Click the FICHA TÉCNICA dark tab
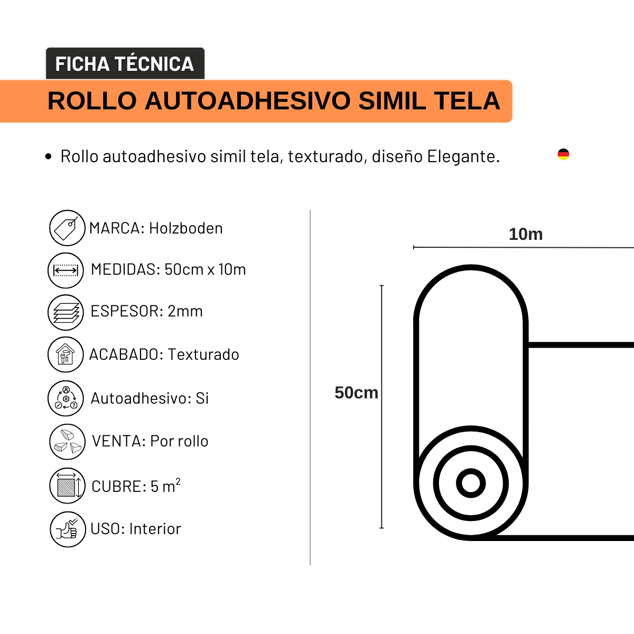[x=125, y=64]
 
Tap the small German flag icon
[x=563, y=154]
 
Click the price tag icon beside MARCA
[x=67, y=228]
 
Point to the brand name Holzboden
[x=186, y=228]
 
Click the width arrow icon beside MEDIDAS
[x=66, y=270]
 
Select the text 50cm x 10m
[x=205, y=269]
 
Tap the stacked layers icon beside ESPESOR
[x=66, y=312]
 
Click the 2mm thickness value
[x=185, y=311]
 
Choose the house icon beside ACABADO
[x=66, y=355]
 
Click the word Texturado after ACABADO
[x=203, y=355]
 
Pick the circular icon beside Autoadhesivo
[x=66, y=398]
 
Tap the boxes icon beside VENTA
[x=67, y=442]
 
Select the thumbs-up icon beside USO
[x=68, y=529]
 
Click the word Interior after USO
[x=155, y=529]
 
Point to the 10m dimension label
[x=526, y=234]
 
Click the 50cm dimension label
[x=356, y=393]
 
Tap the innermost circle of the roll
[x=471, y=483]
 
